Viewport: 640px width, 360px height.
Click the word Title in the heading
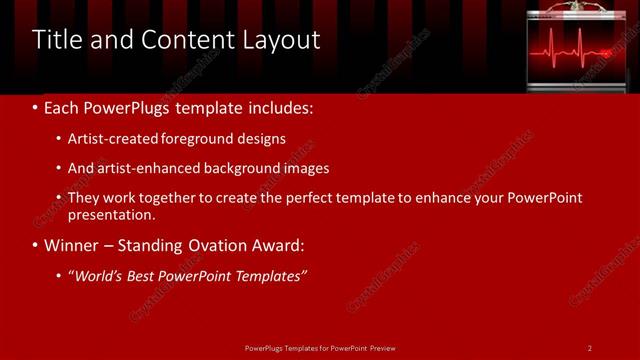(57, 40)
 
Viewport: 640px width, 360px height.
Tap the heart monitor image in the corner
(582, 47)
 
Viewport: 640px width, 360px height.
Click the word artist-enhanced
(145, 168)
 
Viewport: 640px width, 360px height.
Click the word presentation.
(110, 214)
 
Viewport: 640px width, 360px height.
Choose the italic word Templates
(266, 276)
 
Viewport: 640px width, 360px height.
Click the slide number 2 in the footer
(590, 347)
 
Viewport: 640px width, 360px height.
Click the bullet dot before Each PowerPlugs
(36, 107)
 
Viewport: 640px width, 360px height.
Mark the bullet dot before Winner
(36, 245)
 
